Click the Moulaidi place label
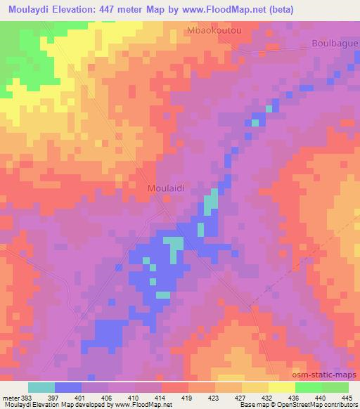click(x=166, y=188)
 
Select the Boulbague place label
click(x=335, y=43)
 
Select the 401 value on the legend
click(x=82, y=397)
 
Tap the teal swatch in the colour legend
click(x=41, y=387)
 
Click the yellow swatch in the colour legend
click(x=282, y=387)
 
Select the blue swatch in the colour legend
click(x=68, y=387)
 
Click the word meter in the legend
click(x=11, y=397)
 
